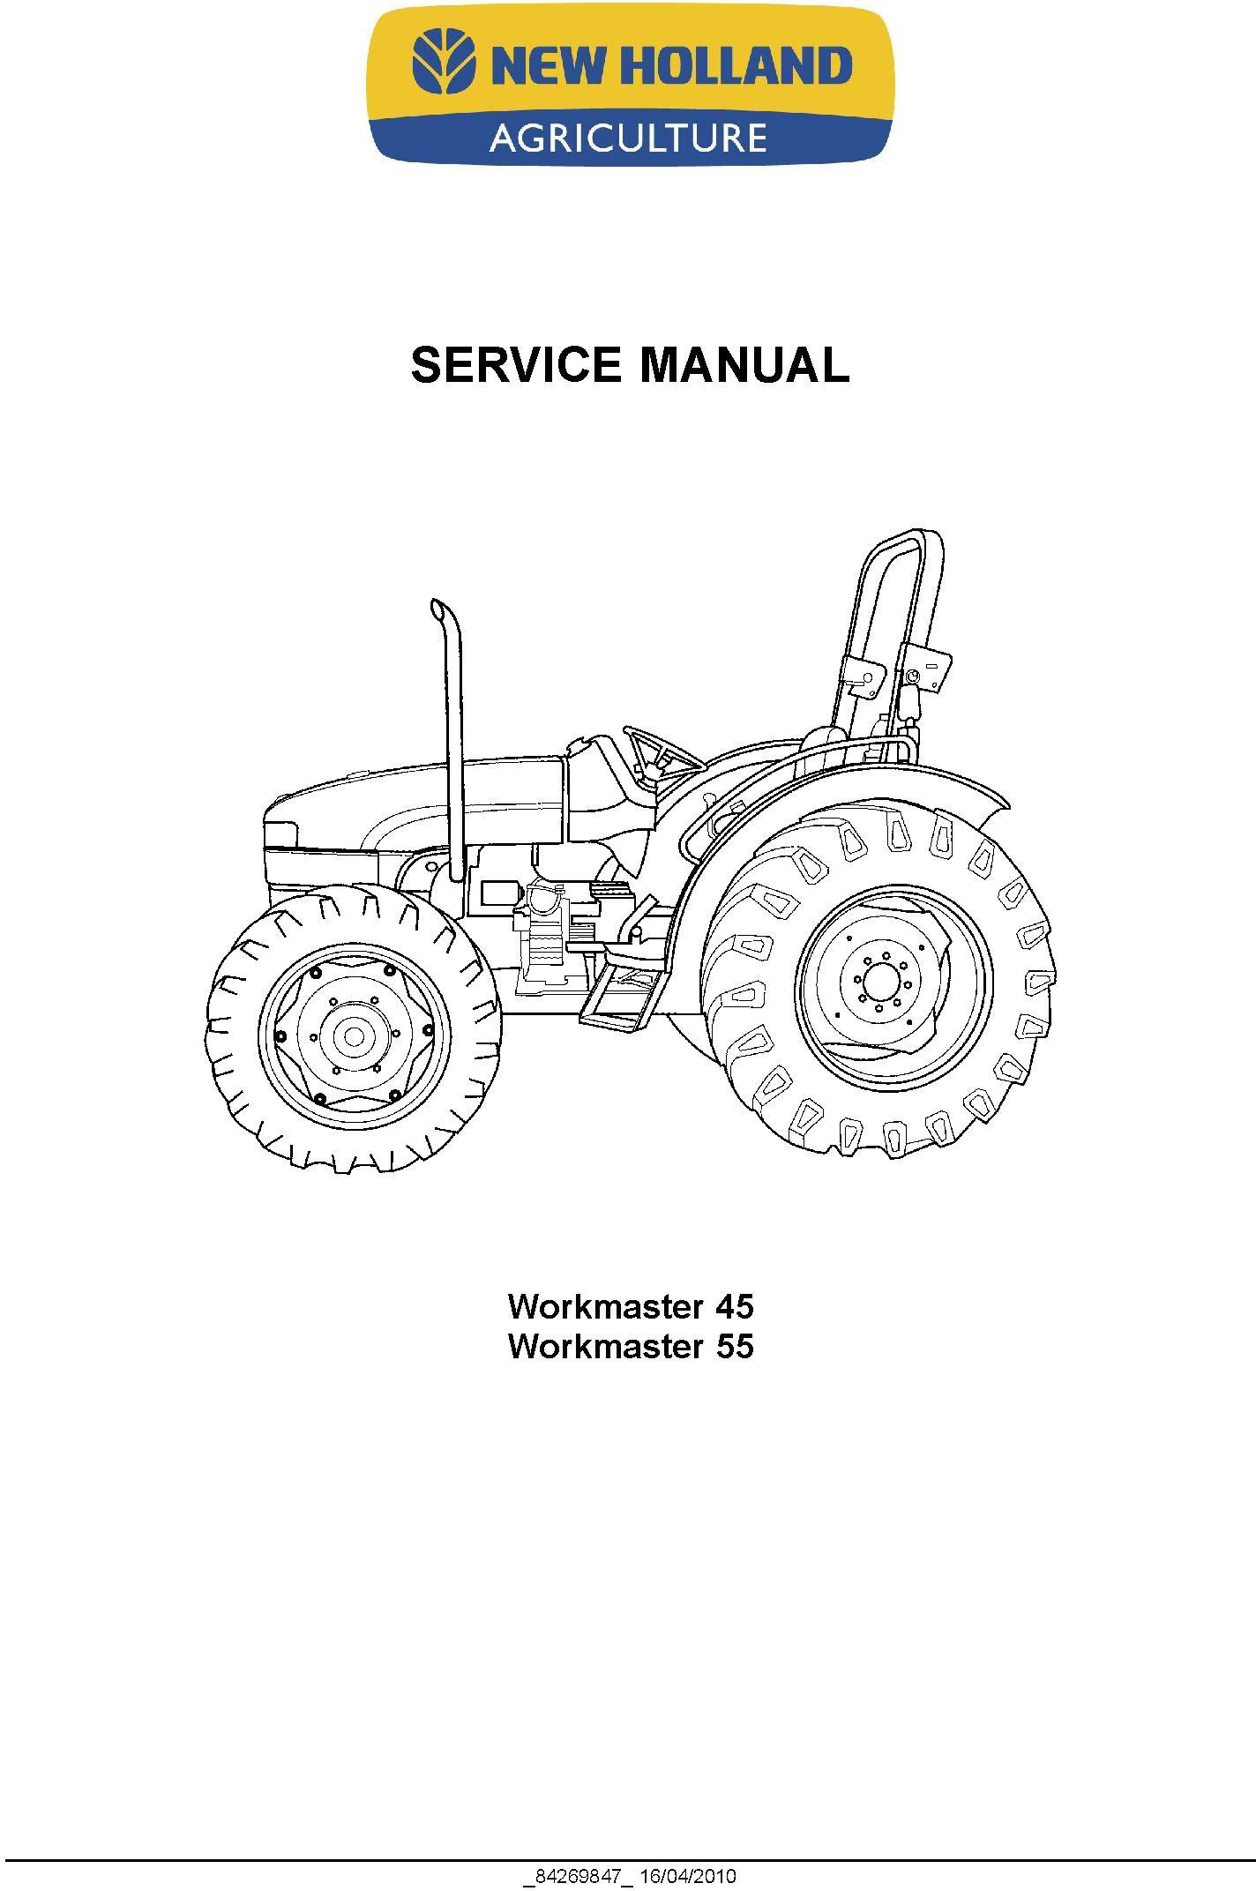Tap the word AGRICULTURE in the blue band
(628, 138)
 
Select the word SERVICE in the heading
(521, 365)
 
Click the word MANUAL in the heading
(744, 365)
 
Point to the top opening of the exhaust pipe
(436, 609)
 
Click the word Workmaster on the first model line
(607, 1306)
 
